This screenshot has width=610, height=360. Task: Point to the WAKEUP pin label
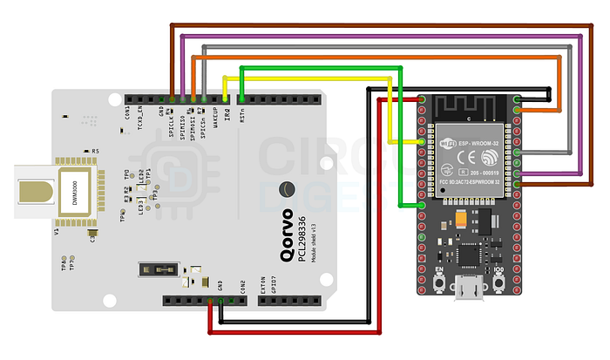(215, 123)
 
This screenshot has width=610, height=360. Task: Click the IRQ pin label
(227, 116)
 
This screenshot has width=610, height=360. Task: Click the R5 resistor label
(95, 152)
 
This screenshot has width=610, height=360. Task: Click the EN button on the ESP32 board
(440, 281)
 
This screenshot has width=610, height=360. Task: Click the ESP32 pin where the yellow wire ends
(422, 140)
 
